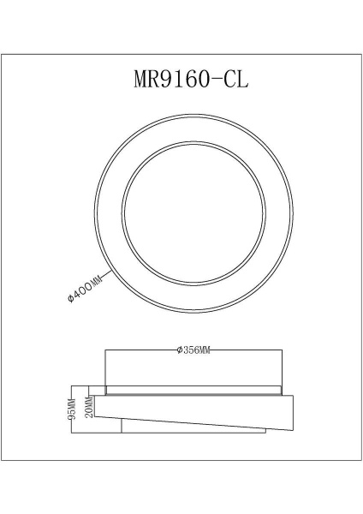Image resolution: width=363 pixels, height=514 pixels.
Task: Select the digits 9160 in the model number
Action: (191, 79)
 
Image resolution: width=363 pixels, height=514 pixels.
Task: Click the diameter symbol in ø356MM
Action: (176, 350)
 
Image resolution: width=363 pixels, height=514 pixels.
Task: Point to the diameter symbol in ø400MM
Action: (72, 299)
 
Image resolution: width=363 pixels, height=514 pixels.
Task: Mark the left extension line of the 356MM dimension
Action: (104, 368)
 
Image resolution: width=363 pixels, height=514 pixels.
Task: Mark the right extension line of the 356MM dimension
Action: (282, 368)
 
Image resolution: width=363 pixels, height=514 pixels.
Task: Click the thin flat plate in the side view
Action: (193, 391)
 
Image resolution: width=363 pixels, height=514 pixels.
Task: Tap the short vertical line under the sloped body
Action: (122, 425)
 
